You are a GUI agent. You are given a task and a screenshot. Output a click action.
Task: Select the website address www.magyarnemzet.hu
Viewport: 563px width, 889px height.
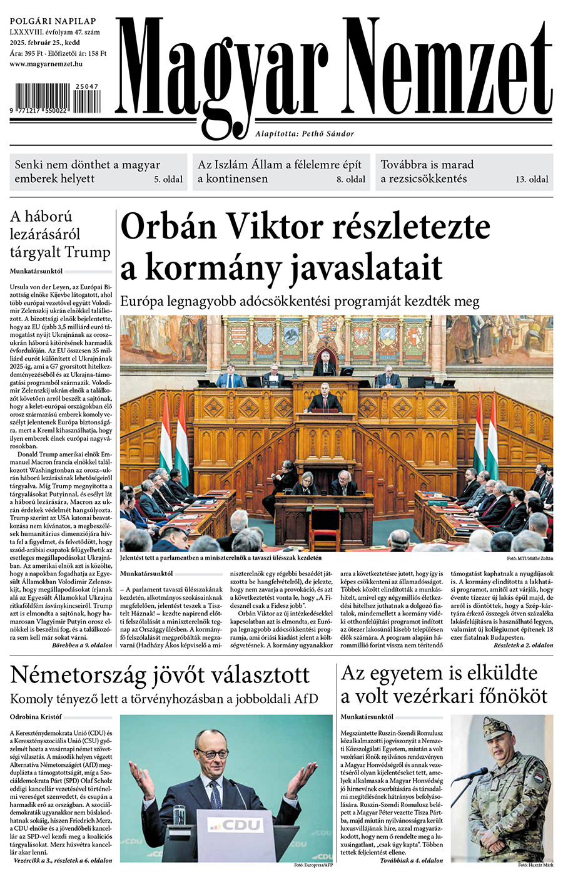(x=47, y=64)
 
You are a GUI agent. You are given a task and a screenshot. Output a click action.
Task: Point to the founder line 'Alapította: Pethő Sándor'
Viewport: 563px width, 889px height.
(x=305, y=133)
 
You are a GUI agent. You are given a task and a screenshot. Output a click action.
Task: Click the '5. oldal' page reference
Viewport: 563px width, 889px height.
(x=169, y=179)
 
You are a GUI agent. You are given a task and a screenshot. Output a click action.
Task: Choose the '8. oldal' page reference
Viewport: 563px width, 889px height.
(x=351, y=179)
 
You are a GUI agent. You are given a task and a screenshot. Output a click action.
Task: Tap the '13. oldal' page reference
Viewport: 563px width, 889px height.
(x=532, y=179)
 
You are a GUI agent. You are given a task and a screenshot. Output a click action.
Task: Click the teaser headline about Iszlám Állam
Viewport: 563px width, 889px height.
(x=280, y=172)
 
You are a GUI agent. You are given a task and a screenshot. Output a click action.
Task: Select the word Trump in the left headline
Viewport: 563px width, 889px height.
(x=88, y=253)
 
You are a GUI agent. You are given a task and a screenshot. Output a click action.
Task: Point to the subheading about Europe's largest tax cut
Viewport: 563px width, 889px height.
(x=300, y=301)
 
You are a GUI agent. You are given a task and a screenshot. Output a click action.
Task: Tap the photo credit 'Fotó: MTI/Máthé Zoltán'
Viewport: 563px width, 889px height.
(x=529, y=558)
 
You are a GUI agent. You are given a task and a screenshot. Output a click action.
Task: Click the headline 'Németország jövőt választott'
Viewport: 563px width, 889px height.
(x=160, y=675)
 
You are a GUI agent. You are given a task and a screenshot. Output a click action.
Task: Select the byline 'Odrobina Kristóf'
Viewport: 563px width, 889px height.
(x=36, y=716)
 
